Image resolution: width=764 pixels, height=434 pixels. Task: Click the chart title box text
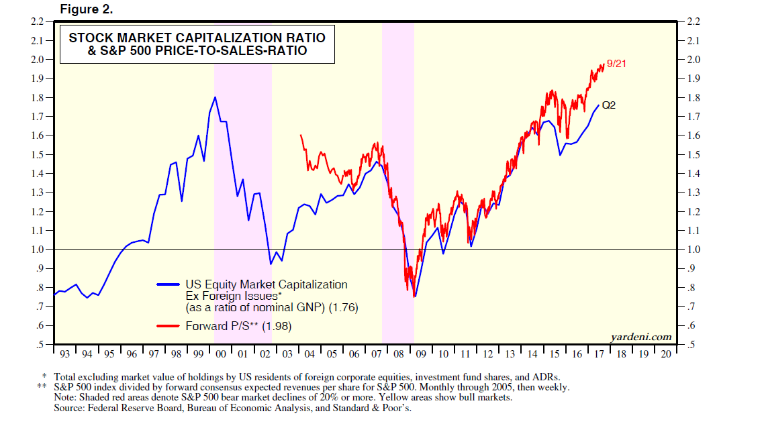(197, 44)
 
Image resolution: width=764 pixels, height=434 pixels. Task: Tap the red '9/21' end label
(616, 64)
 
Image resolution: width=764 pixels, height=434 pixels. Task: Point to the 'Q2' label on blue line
(608, 105)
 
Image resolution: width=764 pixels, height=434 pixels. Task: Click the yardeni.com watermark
(641, 336)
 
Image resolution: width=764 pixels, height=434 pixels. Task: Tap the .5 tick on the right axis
(689, 345)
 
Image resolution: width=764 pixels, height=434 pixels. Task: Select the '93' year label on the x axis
(64, 353)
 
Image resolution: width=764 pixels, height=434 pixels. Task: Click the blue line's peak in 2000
(215, 97)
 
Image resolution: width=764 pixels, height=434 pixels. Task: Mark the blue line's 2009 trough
(414, 296)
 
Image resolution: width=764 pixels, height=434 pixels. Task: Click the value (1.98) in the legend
(279, 327)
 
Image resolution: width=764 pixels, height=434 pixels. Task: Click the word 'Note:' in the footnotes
(66, 397)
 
